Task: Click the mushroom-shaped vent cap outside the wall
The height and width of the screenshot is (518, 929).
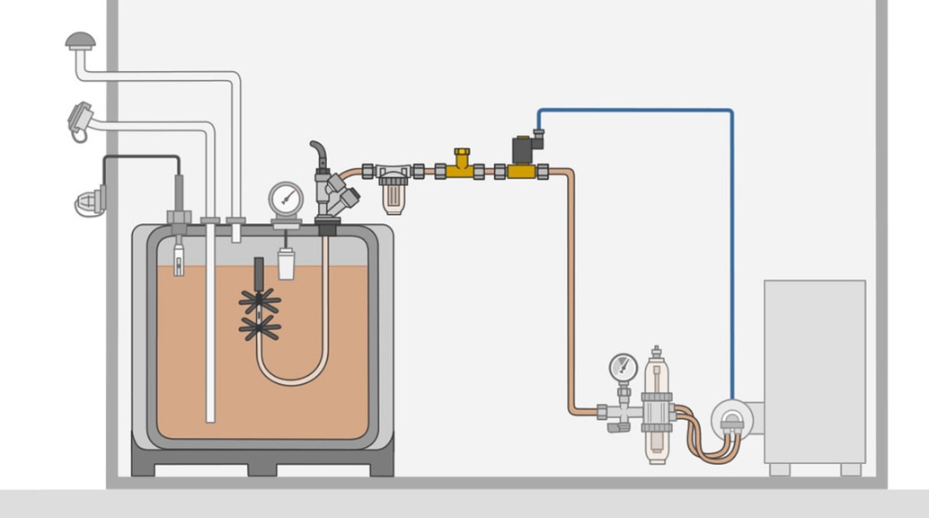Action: pyautogui.click(x=80, y=40)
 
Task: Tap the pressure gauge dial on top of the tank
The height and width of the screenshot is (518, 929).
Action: pyautogui.click(x=286, y=197)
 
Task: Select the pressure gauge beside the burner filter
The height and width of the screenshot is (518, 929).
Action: pyautogui.click(x=623, y=367)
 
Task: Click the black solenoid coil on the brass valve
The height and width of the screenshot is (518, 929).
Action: pyautogui.click(x=524, y=148)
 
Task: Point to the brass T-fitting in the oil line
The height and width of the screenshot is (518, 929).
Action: pyautogui.click(x=462, y=165)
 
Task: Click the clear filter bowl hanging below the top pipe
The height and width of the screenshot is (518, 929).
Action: pyautogui.click(x=393, y=193)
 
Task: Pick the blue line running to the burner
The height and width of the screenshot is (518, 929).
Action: pyautogui.click(x=731, y=225)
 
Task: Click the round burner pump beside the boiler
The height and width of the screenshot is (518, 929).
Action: pyautogui.click(x=732, y=418)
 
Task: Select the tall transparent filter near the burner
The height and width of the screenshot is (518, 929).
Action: pyautogui.click(x=657, y=405)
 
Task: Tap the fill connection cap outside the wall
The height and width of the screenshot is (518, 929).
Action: pyautogui.click(x=80, y=118)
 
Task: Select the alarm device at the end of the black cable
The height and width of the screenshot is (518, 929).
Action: pyautogui.click(x=90, y=201)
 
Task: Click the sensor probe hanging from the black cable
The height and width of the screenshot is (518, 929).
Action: pyautogui.click(x=178, y=256)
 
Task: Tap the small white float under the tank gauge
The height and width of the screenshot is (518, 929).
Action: pyautogui.click(x=286, y=263)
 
